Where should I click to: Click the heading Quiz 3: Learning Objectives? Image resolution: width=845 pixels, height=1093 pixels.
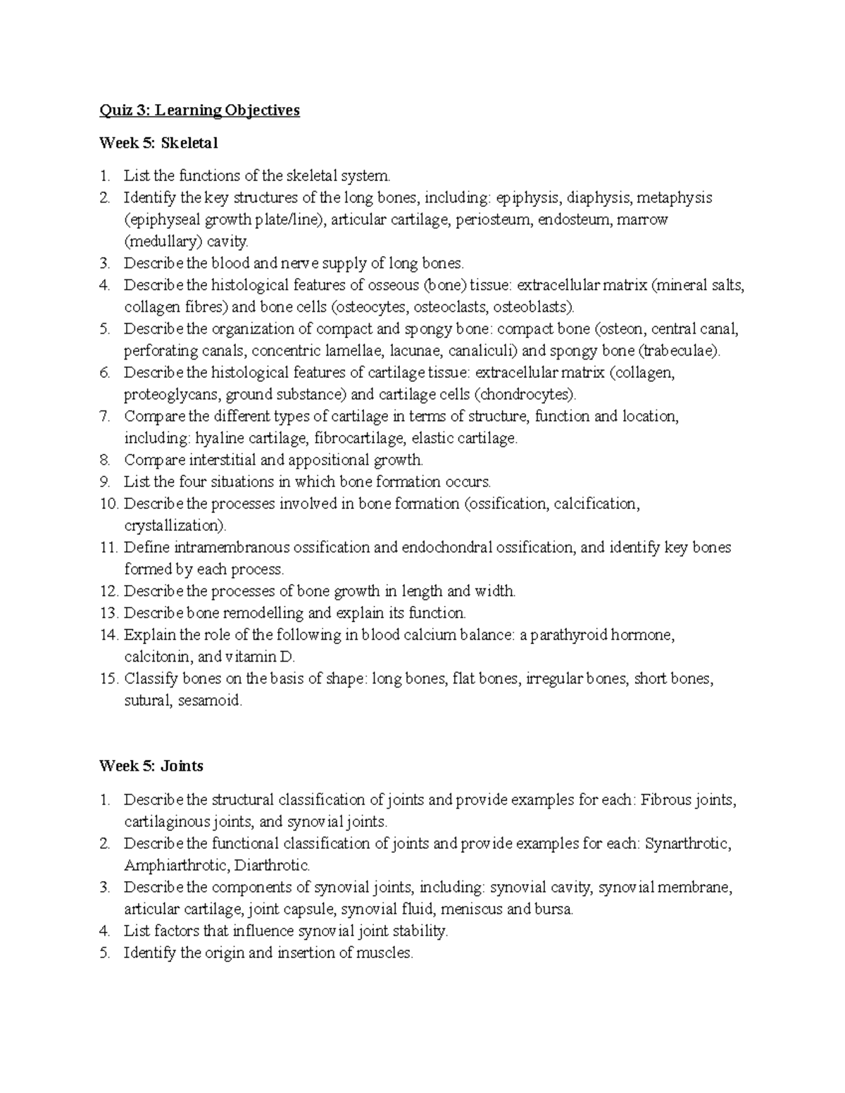[199, 110]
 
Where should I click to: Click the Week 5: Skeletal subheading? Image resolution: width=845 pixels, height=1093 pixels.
[158, 144]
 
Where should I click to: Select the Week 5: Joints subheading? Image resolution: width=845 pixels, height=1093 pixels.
[151, 766]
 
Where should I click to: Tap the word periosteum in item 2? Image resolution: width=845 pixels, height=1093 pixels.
[494, 220]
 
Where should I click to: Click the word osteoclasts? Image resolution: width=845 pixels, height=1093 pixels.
[451, 307]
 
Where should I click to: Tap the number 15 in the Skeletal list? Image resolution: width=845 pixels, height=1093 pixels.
[108, 679]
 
